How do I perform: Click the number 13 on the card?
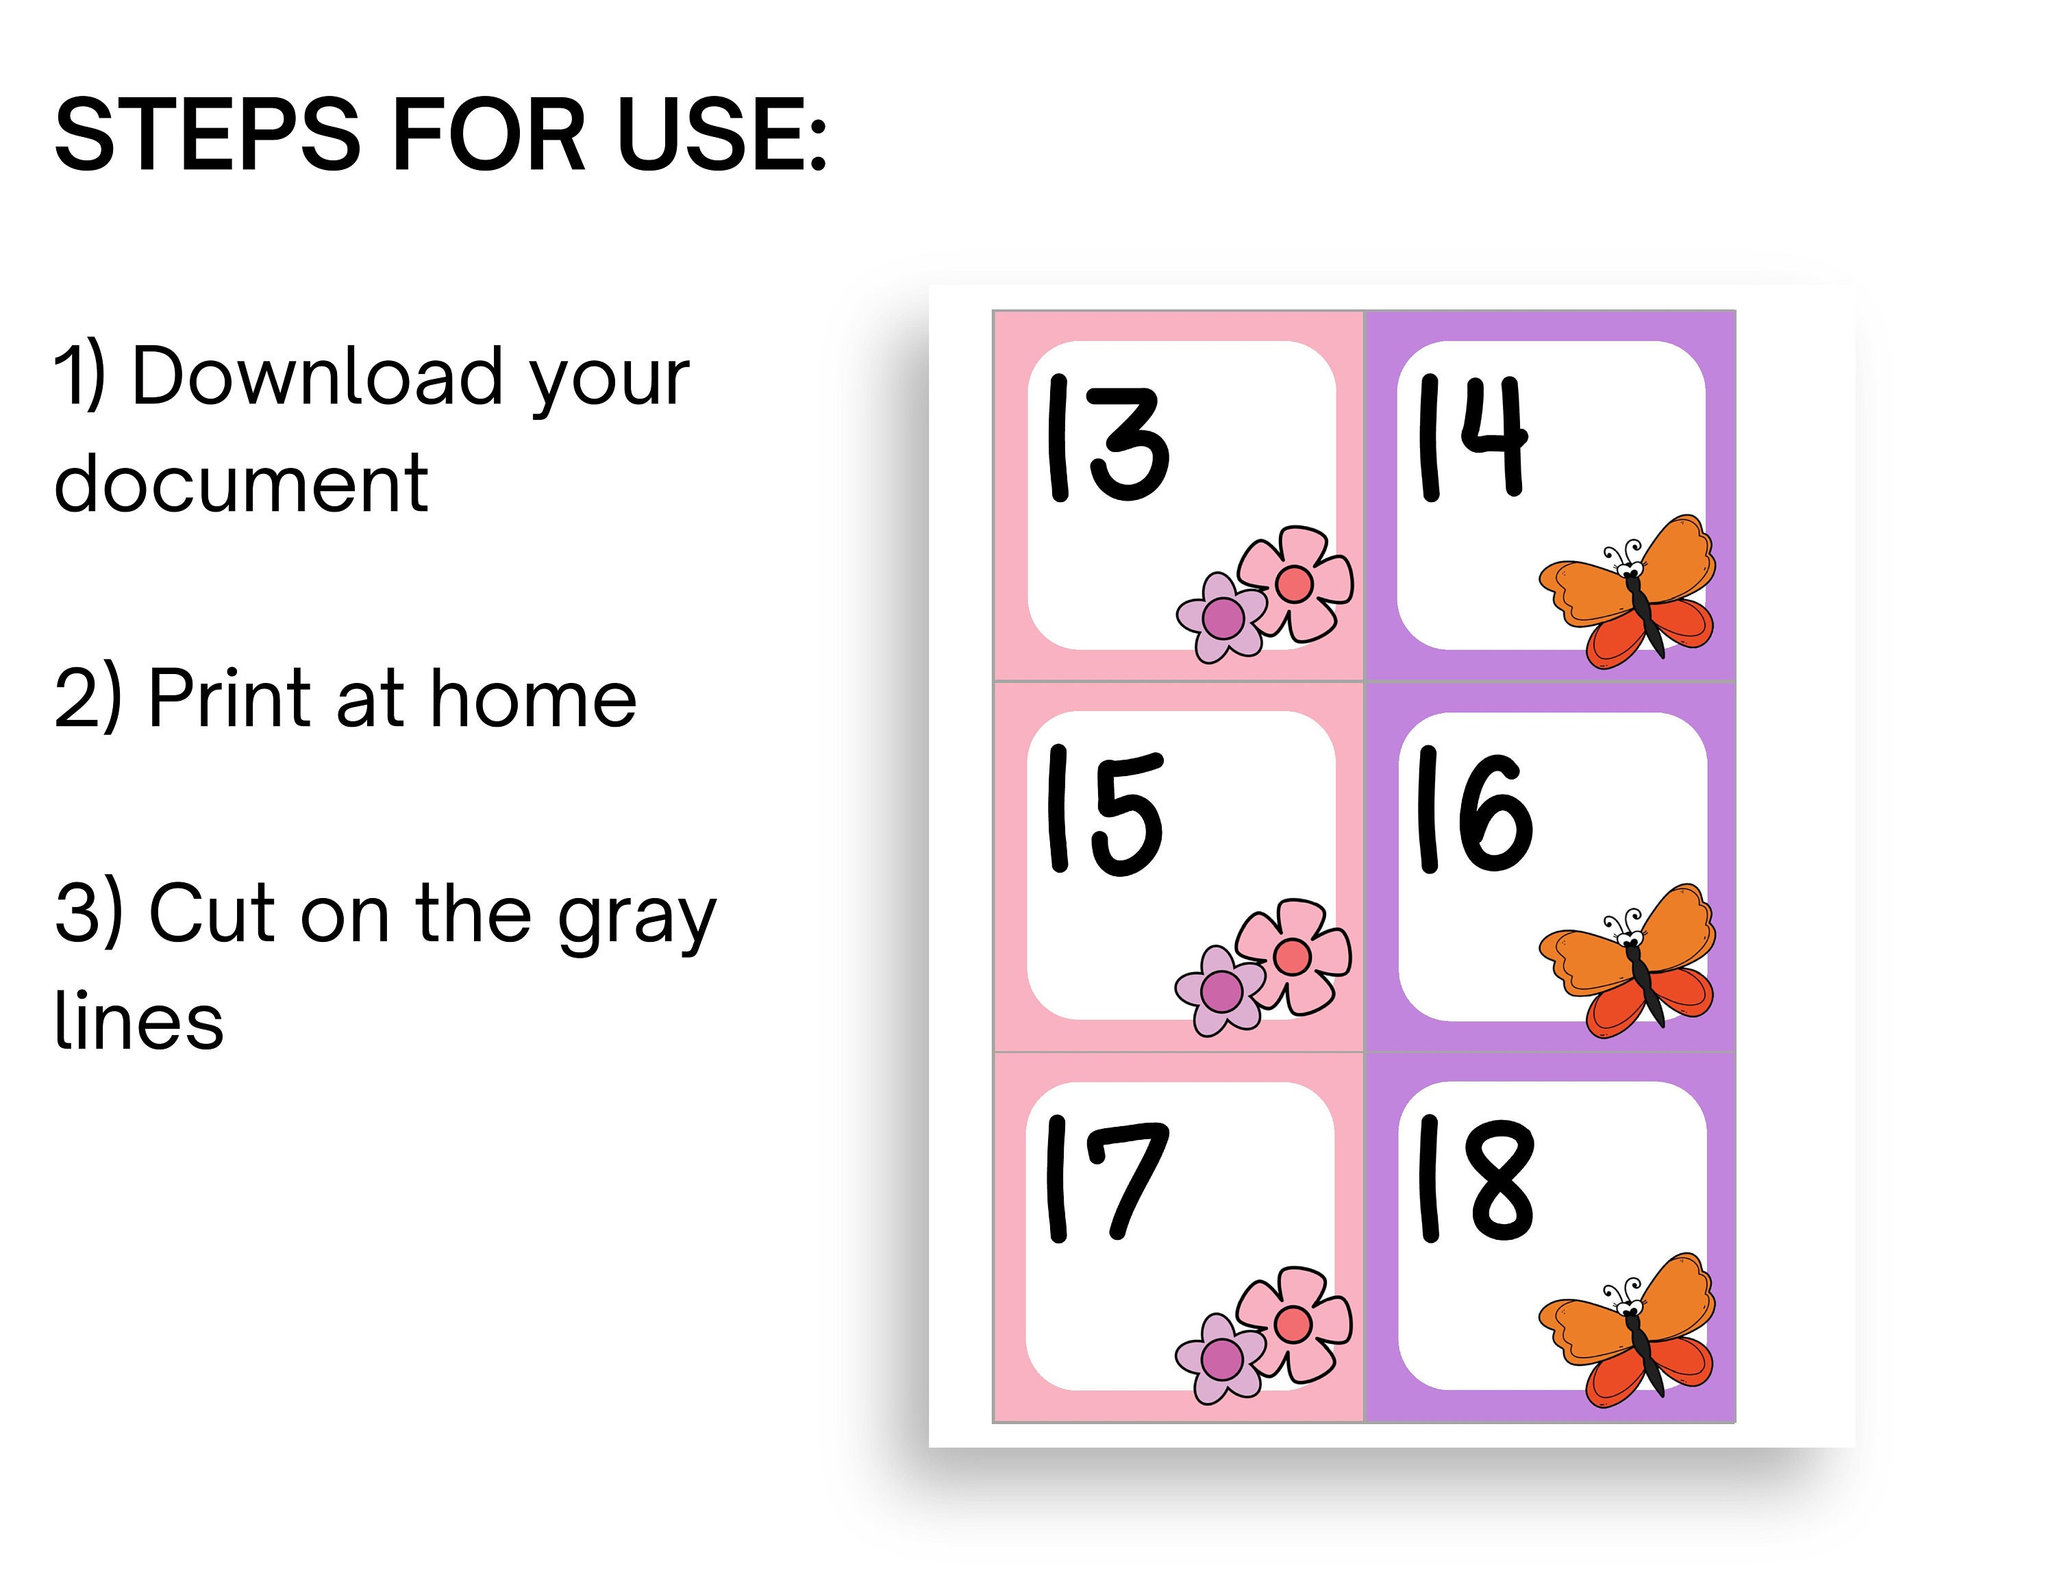1108,438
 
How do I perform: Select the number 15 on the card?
1105,810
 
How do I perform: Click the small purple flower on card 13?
1221,617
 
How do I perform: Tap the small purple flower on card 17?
1221,1358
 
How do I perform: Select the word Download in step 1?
317,377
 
